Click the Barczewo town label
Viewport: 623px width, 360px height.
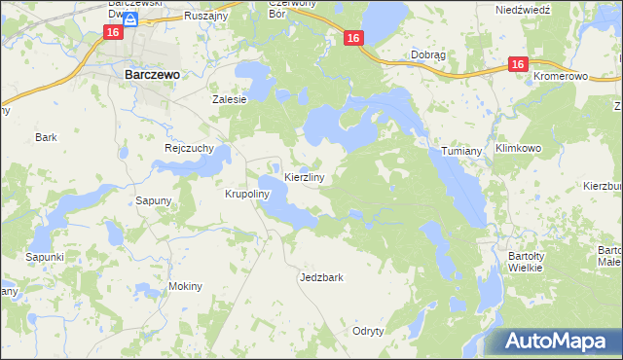(x=150, y=73)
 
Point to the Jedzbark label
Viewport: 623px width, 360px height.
(x=321, y=277)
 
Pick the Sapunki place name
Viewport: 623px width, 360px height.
(x=45, y=256)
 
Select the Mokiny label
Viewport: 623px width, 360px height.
(x=184, y=286)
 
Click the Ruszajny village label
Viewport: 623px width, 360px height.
(x=207, y=16)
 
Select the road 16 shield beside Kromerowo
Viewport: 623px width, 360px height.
(x=517, y=64)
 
